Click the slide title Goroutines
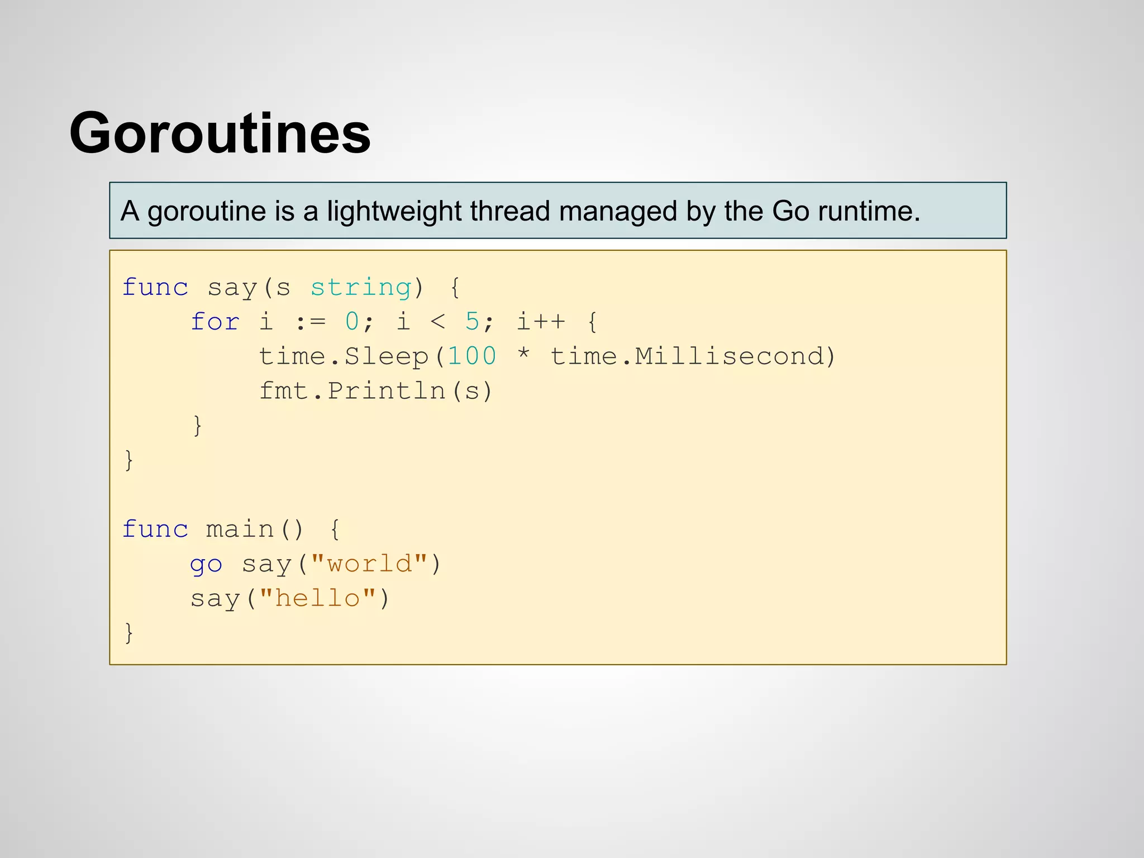click(220, 133)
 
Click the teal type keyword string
click(361, 288)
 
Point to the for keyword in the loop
click(215, 322)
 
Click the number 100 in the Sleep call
click(472, 356)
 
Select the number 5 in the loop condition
click(472, 322)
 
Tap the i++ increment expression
click(541, 322)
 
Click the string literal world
click(369, 564)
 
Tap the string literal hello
click(317, 599)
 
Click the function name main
click(240, 530)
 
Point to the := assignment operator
click(310, 322)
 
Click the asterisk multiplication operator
click(523, 355)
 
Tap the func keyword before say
click(155, 288)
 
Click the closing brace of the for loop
click(197, 426)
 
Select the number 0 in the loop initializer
click(352, 322)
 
